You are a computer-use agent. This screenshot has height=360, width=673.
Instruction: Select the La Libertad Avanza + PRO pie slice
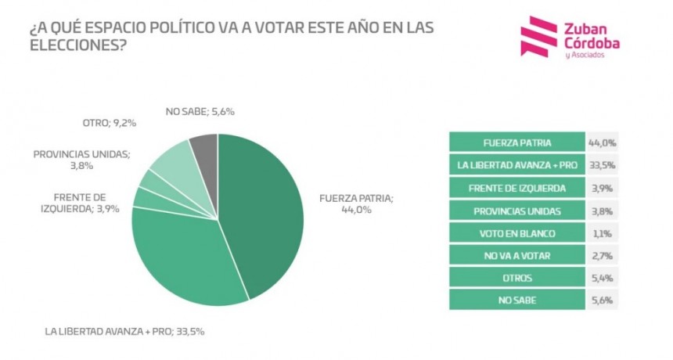click(188, 258)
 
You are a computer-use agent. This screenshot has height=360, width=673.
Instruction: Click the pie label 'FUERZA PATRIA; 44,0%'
click(356, 204)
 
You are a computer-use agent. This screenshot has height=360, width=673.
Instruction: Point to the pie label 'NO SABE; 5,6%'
click(200, 111)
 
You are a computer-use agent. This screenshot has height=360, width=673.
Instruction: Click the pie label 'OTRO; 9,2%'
click(109, 123)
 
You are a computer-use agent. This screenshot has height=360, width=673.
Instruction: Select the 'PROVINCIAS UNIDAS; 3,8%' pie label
click(81, 160)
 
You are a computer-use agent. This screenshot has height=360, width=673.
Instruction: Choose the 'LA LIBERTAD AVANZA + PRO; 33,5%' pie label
click(125, 331)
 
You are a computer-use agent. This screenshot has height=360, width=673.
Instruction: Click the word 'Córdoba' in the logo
click(591, 45)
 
